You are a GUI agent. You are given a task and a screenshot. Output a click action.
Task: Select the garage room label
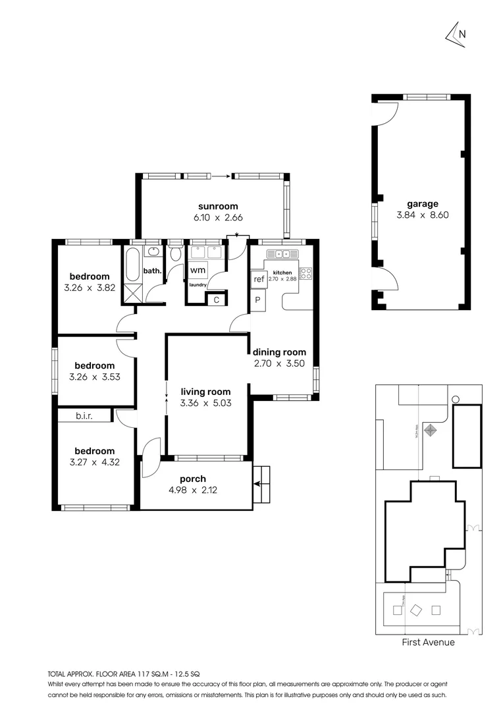tap(422, 204)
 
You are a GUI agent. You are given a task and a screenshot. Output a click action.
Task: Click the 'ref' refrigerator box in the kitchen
tap(258, 279)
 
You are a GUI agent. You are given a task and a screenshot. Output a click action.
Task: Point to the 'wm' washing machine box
tap(197, 271)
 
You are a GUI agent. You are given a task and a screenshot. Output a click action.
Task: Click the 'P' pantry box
tap(257, 300)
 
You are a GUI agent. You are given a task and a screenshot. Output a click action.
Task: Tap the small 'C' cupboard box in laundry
tap(216, 300)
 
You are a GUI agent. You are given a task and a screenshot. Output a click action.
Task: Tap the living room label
tap(205, 392)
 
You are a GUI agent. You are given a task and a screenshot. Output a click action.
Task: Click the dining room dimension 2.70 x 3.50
tap(279, 363)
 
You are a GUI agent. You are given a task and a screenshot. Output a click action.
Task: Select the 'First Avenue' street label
tap(428, 643)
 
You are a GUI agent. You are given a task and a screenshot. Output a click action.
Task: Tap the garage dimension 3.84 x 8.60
tap(422, 215)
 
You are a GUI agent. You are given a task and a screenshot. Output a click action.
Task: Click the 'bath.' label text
tap(152, 271)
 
